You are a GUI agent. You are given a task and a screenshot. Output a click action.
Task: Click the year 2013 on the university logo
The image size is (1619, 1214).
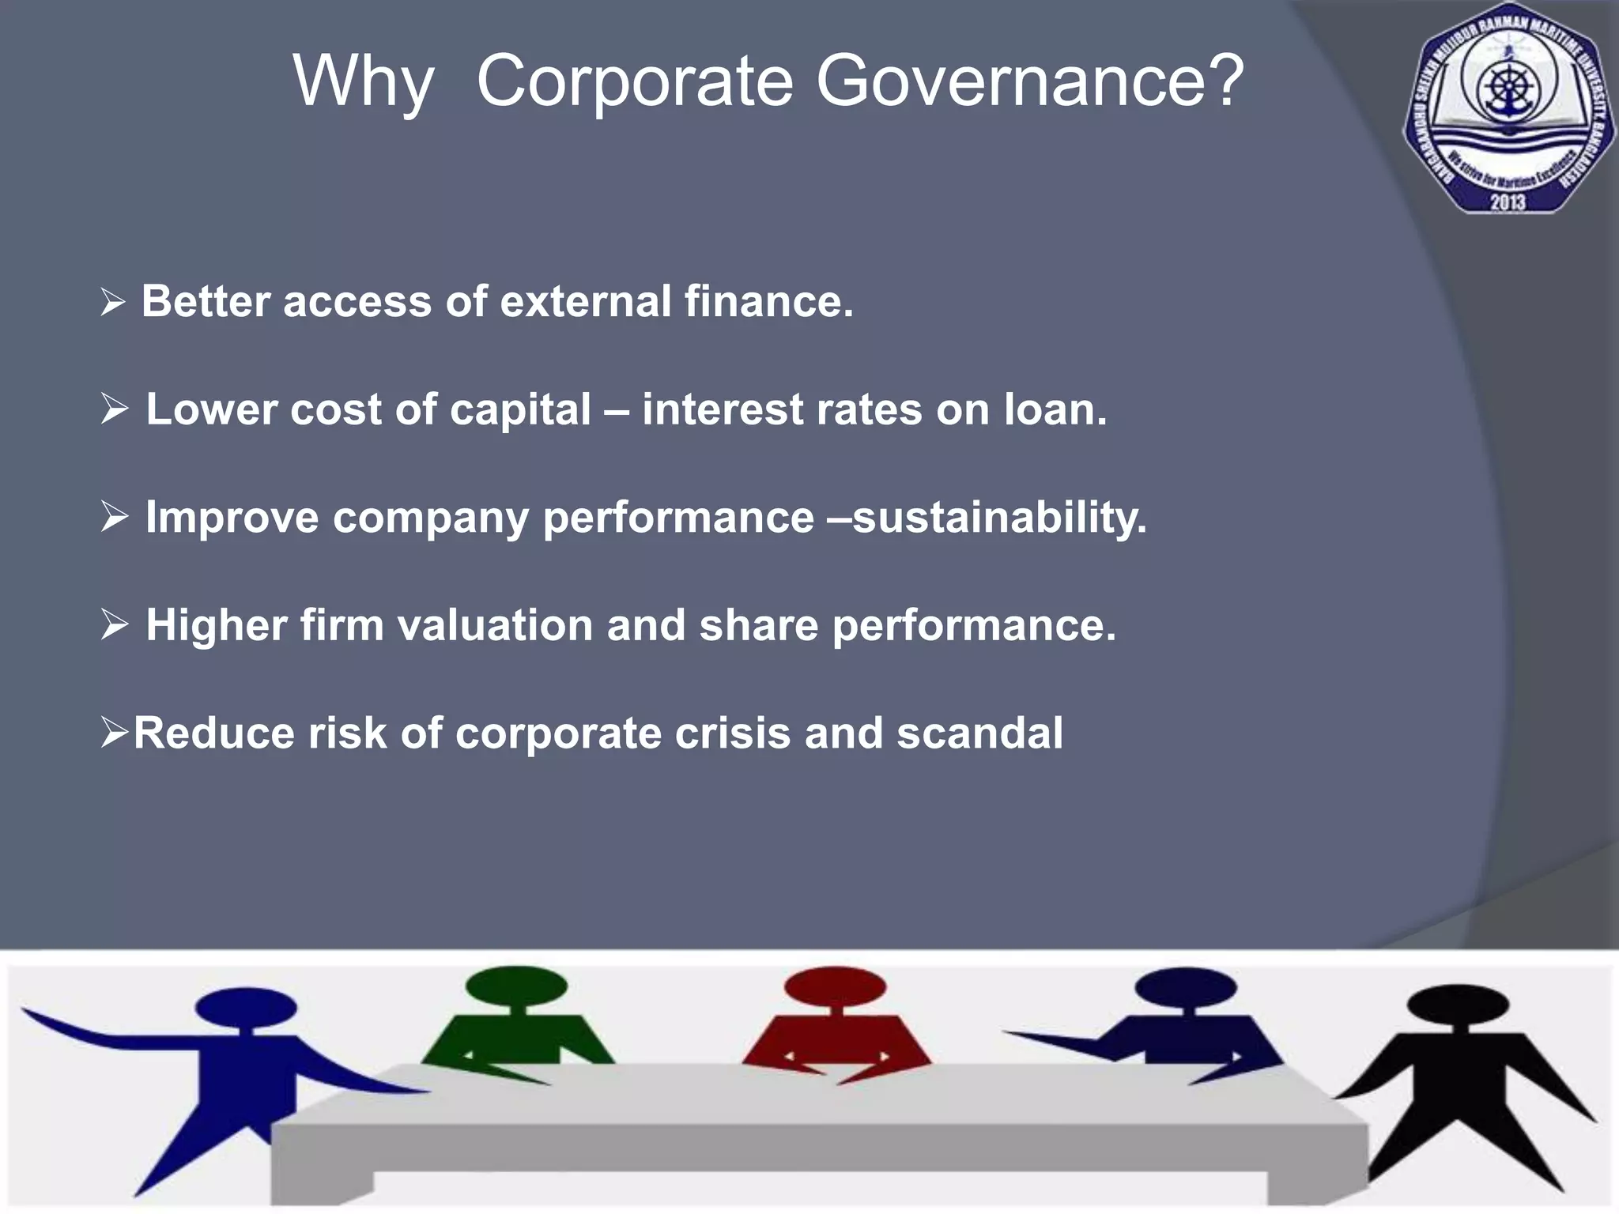pyautogui.click(x=1508, y=201)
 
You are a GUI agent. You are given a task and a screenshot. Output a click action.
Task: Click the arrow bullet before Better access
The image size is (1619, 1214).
pyautogui.click(x=113, y=302)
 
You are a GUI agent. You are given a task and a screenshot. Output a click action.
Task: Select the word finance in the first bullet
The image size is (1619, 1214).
pyautogui.click(x=767, y=302)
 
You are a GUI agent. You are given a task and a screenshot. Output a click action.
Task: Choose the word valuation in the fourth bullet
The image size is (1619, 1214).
pyautogui.click(x=495, y=625)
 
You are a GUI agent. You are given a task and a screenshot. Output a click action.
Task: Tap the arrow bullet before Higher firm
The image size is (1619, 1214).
pyautogui.click(x=115, y=625)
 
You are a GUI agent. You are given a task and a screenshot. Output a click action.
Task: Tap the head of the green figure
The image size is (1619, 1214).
pyautogui.click(x=516, y=986)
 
